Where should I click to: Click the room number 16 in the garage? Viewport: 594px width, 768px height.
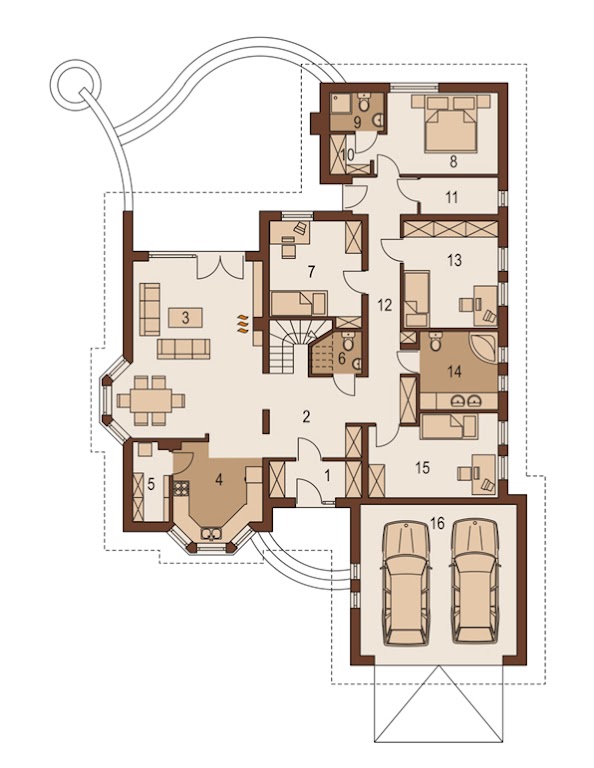pyautogui.click(x=437, y=524)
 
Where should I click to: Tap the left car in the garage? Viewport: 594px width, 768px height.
pyautogui.click(x=407, y=583)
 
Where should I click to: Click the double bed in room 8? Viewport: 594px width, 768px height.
pyautogui.click(x=451, y=124)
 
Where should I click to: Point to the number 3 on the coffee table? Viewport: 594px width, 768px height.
pyautogui.click(x=185, y=318)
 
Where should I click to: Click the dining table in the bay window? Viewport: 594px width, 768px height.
pyautogui.click(x=151, y=401)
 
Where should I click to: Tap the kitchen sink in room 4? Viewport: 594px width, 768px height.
pyautogui.click(x=211, y=533)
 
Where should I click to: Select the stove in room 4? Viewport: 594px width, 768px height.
pyautogui.click(x=181, y=488)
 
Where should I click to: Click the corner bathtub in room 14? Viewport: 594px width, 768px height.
pyautogui.click(x=483, y=347)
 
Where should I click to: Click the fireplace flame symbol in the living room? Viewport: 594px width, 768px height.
pyautogui.click(x=242, y=324)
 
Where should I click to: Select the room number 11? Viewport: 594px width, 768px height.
pyautogui.click(x=451, y=197)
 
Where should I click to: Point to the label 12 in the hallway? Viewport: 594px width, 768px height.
pyautogui.click(x=385, y=305)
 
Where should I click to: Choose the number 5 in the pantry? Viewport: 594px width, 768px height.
pyautogui.click(x=151, y=484)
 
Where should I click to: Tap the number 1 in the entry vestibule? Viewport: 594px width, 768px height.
pyautogui.click(x=328, y=475)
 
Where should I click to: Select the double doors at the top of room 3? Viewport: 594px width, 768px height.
pyautogui.click(x=220, y=265)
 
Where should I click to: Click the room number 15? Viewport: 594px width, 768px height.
pyautogui.click(x=422, y=467)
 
